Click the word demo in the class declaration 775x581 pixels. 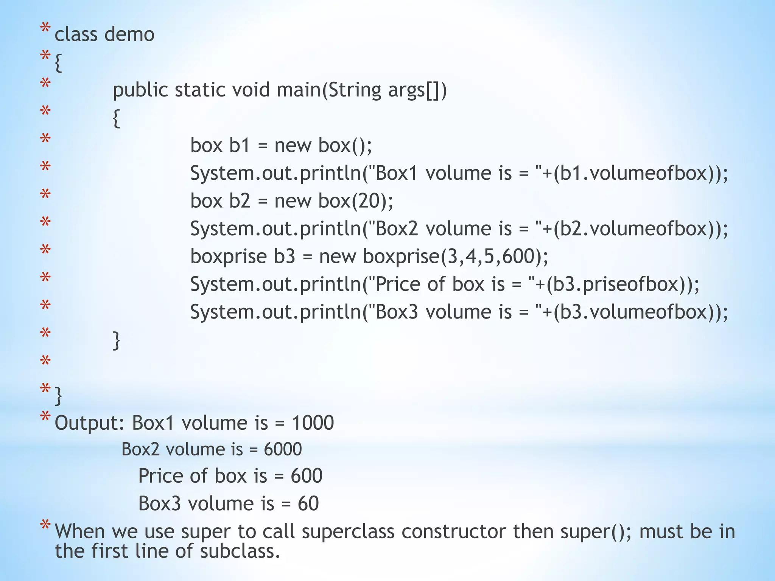[129, 35]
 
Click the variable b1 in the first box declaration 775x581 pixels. [240, 146]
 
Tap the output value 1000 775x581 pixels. [313, 423]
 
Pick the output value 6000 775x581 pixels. [283, 449]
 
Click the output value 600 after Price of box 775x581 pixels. [307, 476]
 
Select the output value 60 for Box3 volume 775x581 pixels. [308, 504]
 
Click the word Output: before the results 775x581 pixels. [90, 423]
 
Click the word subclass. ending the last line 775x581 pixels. [240, 551]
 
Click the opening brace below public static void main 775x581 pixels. [117, 119]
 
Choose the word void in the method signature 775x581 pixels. [251, 90]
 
